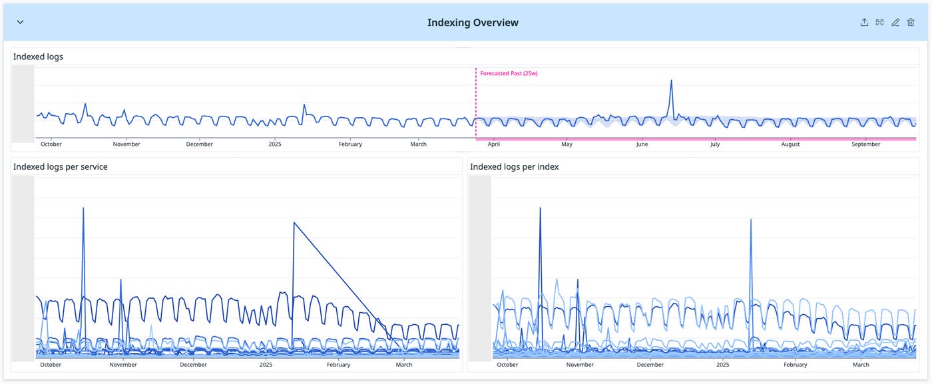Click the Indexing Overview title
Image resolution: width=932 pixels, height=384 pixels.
tap(473, 23)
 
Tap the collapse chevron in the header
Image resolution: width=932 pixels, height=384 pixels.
tap(20, 22)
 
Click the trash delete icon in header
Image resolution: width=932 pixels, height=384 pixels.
tap(911, 23)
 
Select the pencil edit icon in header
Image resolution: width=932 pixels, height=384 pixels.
tap(895, 23)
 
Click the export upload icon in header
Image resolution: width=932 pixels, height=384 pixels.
tap(864, 23)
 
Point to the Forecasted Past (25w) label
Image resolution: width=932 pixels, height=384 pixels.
tap(509, 73)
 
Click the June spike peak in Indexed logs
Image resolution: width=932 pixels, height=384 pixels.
tap(671, 81)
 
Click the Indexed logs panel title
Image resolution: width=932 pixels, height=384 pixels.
tap(38, 57)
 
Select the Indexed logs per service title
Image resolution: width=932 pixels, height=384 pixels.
tap(60, 167)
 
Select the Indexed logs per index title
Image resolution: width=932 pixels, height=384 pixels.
tap(514, 167)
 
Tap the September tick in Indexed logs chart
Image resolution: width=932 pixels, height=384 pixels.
tap(866, 144)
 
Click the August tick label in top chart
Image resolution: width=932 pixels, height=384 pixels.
tap(790, 144)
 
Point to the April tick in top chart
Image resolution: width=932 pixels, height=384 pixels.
tap(494, 144)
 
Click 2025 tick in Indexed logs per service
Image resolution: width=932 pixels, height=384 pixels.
tap(266, 365)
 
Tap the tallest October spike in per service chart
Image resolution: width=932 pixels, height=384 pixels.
tap(83, 208)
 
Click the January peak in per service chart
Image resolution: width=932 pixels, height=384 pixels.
tap(294, 222)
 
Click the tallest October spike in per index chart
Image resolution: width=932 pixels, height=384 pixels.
tap(540, 208)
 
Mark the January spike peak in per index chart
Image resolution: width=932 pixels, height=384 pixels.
tap(751, 219)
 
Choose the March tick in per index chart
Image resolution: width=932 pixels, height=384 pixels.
tap(861, 365)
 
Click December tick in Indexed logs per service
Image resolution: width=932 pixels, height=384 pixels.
tap(193, 365)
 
